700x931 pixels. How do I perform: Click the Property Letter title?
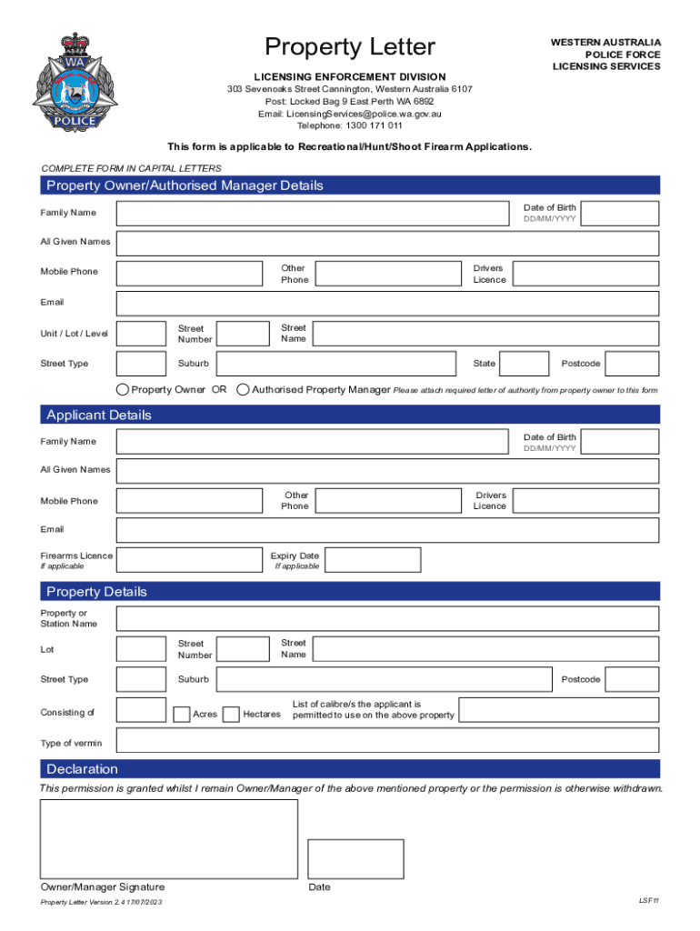[x=349, y=47]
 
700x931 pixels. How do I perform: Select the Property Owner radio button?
[x=123, y=390]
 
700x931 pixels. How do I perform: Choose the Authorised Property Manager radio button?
[x=243, y=390]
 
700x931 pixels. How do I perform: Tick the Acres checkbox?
[x=182, y=714]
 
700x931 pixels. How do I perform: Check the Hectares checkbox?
[x=231, y=714]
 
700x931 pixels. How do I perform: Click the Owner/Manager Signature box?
[x=169, y=837]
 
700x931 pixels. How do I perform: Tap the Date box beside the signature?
[x=355, y=858]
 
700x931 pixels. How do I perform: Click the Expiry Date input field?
[x=373, y=560]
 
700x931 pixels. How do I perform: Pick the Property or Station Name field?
[x=387, y=618]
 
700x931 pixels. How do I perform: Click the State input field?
[x=525, y=364]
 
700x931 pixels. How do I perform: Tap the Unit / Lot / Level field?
[x=142, y=334]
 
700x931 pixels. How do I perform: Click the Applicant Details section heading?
[x=99, y=415]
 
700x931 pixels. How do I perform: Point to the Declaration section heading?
[x=82, y=768]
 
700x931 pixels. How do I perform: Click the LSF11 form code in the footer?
[x=648, y=900]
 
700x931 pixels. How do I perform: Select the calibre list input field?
[x=558, y=710]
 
